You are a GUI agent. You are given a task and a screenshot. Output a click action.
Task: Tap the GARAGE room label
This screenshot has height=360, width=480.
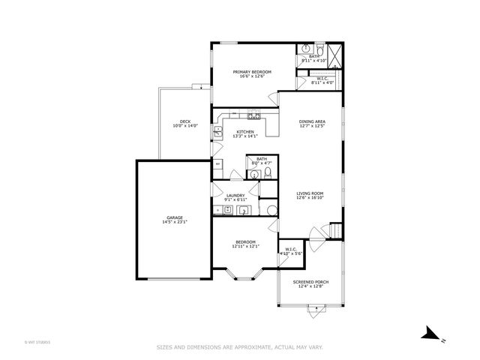click(174, 218)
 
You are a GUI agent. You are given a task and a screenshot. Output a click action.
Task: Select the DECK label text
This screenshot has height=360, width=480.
click(184, 121)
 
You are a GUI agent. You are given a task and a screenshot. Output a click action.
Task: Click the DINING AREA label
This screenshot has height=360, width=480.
click(311, 121)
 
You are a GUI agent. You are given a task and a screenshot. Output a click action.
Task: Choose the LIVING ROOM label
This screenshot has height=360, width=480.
click(310, 193)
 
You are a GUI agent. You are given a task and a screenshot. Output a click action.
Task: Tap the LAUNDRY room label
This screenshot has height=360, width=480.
click(235, 196)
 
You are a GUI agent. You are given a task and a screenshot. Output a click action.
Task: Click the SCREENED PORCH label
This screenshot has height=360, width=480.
click(309, 282)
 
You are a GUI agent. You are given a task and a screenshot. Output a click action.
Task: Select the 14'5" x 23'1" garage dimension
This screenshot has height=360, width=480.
click(174, 223)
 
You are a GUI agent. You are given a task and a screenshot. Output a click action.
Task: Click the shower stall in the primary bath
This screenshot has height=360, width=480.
click(334, 54)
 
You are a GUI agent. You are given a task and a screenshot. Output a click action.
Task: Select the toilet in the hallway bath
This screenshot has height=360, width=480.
click(266, 174)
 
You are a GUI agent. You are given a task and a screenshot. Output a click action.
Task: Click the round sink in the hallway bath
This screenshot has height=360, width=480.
click(254, 175)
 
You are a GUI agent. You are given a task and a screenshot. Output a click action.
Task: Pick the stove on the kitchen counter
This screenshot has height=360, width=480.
click(253, 116)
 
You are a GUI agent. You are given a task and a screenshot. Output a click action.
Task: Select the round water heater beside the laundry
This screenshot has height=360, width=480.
click(270, 211)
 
